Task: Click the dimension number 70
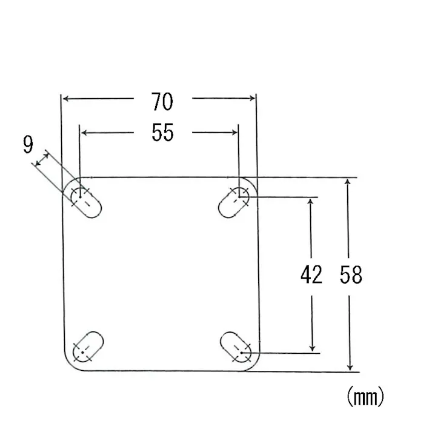[162, 102]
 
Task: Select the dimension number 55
[162, 133]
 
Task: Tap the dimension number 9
[28, 144]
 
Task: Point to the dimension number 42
[311, 274]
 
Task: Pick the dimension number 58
[351, 274]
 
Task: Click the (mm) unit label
[365, 396]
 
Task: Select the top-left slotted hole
[86, 202]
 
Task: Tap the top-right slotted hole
[234, 202]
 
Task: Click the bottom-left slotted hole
[88, 347]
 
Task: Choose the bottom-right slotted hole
[236, 347]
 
